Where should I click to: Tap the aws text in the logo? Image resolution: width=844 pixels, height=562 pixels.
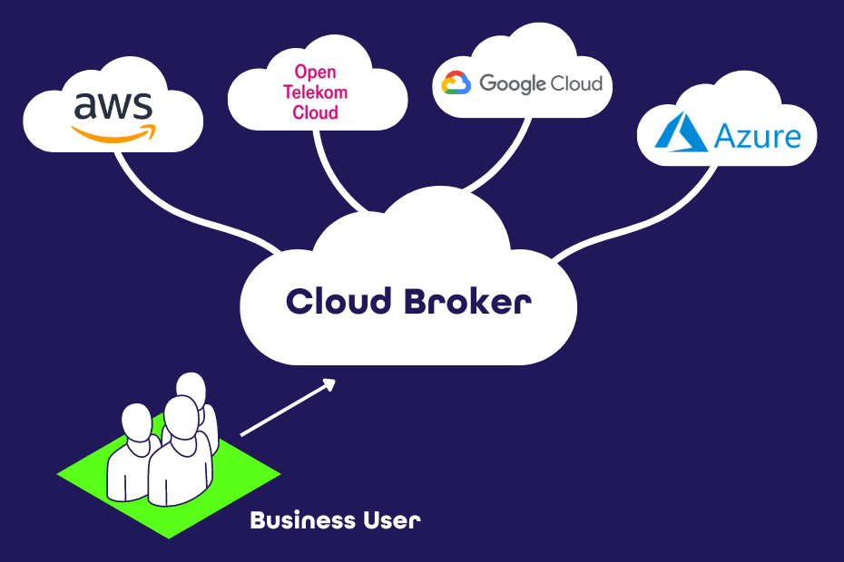click(x=113, y=108)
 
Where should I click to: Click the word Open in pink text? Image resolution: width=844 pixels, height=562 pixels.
click(x=315, y=72)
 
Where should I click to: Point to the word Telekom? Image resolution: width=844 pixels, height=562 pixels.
click(x=315, y=92)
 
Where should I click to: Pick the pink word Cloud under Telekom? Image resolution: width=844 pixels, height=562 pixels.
click(x=315, y=113)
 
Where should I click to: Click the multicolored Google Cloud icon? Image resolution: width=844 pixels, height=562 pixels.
click(x=456, y=84)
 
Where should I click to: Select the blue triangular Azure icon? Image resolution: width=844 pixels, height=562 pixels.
click(x=680, y=131)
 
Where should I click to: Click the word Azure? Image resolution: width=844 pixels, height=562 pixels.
click(x=758, y=136)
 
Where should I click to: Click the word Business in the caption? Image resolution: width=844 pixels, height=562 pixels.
click(x=302, y=521)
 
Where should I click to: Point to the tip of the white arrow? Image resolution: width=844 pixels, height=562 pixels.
click(x=334, y=381)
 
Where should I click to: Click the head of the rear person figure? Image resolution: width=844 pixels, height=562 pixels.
click(x=191, y=388)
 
